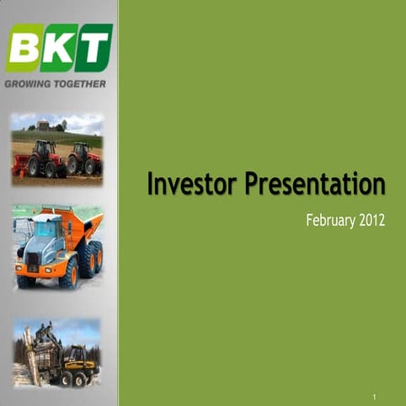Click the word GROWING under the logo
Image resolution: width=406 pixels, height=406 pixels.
click(x=31, y=84)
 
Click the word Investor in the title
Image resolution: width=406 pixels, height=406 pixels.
click(x=192, y=184)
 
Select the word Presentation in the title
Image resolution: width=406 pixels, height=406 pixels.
click(x=316, y=184)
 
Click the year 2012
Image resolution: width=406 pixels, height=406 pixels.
click(x=371, y=222)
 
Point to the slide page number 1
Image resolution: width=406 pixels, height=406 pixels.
click(x=373, y=395)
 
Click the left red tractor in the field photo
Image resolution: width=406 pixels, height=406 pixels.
click(x=45, y=158)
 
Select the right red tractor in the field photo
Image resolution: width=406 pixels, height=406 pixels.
click(x=83, y=158)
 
